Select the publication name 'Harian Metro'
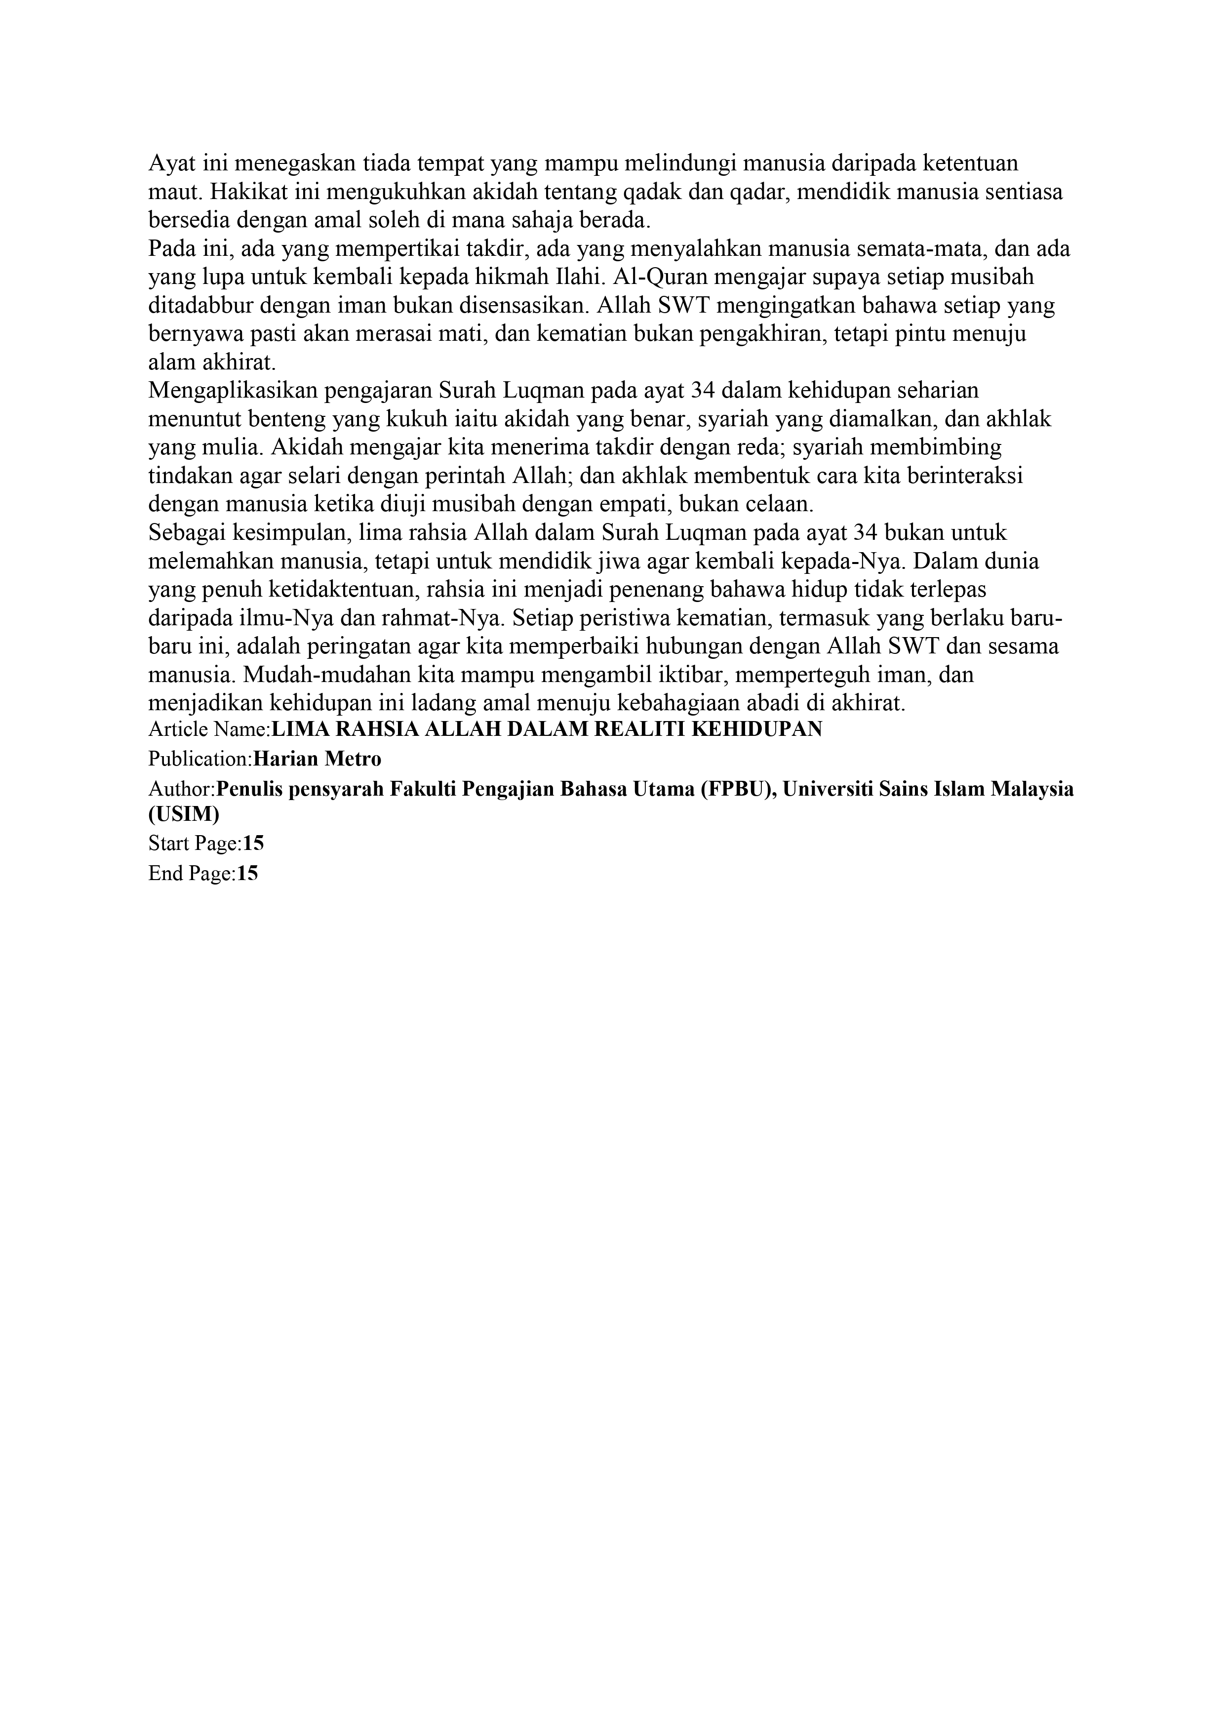pos(317,759)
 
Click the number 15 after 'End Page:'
pos(247,874)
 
